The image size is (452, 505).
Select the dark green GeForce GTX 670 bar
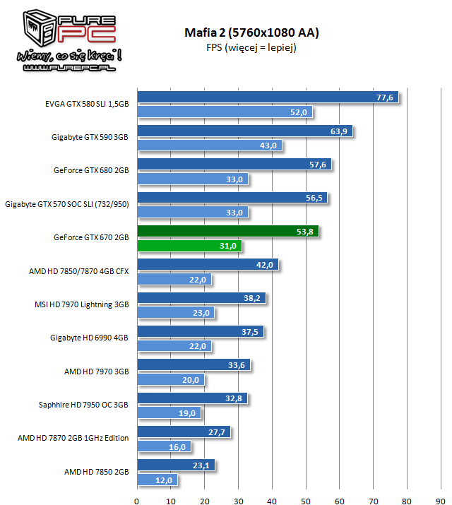(227, 230)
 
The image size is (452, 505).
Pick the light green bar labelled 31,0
(189, 246)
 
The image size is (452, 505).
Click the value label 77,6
(385, 97)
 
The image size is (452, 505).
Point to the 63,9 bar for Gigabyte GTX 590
(244, 131)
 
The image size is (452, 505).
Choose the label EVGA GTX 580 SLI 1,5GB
(86, 103)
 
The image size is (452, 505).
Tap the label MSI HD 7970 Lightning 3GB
(83, 305)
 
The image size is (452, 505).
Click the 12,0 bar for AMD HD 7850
(155, 480)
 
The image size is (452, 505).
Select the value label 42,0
(265, 265)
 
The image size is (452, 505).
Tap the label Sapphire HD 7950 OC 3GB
(83, 405)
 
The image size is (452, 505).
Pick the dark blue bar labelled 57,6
(234, 164)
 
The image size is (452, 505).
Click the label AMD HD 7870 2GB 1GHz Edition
(73, 438)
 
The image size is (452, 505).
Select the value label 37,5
(251, 331)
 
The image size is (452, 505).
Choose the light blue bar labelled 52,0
(225, 112)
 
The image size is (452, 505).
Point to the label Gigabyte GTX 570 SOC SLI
(67, 204)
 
